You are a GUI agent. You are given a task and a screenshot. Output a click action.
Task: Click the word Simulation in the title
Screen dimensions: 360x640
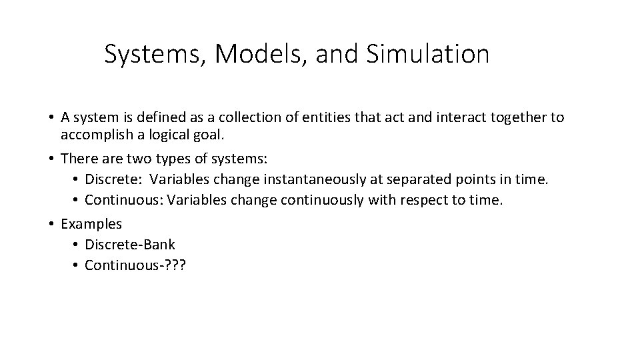pos(427,54)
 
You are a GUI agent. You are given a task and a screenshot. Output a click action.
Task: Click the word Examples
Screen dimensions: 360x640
pos(91,224)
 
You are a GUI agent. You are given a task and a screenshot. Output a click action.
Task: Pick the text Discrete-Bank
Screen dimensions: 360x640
pos(130,245)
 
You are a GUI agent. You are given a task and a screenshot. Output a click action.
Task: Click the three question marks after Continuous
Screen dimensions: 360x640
pos(177,265)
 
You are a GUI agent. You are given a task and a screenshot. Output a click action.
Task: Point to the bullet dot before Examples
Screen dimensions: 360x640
pos(51,224)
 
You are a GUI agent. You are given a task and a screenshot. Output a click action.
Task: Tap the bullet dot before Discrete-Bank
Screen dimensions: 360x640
pos(76,245)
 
